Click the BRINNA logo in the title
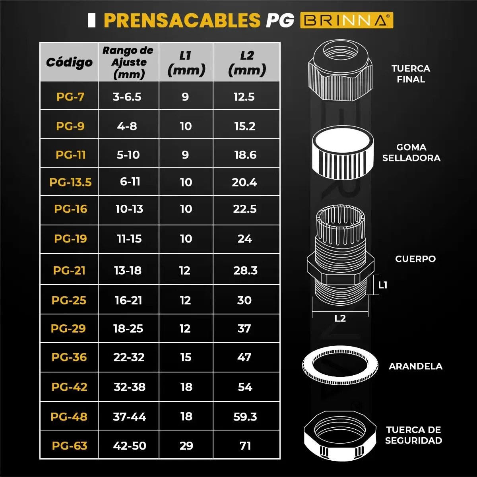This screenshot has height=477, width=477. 346,20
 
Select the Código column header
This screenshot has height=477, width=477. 69,63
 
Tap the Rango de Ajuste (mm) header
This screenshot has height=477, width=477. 128,62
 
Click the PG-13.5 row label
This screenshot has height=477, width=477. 70,182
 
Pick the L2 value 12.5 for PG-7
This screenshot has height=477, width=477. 244,97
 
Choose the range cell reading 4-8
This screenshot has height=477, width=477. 127,126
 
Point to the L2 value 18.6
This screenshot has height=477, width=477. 245,155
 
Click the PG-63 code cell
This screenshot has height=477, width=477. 70,446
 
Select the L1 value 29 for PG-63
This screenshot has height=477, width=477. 186,446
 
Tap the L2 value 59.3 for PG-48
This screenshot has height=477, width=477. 245,417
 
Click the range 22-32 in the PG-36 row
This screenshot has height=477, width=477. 129,357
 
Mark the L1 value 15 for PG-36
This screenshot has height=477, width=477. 186,357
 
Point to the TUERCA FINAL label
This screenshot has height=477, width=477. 411,74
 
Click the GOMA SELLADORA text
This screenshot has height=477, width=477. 411,153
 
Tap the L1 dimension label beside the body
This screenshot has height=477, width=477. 383,285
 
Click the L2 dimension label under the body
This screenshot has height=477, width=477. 340,318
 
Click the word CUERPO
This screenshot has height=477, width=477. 415,259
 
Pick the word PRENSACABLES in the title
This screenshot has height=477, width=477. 182,20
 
